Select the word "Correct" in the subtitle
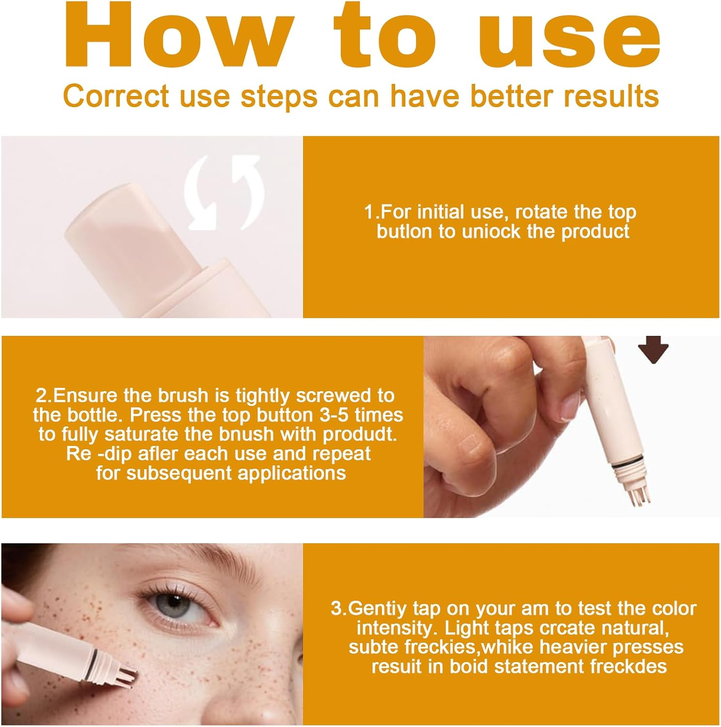116,95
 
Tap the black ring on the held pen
626,467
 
